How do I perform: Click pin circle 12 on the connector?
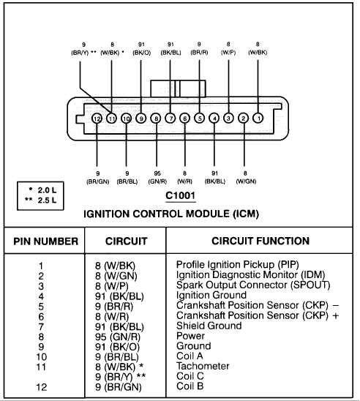pos(97,119)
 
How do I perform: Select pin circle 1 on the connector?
pos(258,118)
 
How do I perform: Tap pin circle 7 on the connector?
pos(170,118)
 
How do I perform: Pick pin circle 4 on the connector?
pos(214,118)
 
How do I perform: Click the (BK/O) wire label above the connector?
pos(141,53)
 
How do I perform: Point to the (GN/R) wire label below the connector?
pos(157,181)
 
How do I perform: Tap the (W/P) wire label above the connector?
pos(228,53)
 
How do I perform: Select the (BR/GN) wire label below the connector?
pos(97,181)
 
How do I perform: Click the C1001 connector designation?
pos(181,195)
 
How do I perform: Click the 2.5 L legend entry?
pos(41,200)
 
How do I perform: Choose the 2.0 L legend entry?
pos(42,190)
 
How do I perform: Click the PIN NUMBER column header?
pos(45,241)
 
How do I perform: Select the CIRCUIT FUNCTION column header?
pos(260,241)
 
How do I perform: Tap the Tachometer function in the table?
pos(203,366)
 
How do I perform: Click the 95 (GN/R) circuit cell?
pos(118,337)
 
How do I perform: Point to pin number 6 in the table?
pos(41,317)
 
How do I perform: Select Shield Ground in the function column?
pos(209,326)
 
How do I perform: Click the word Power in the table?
pos(190,336)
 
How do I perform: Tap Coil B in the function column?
pos(190,386)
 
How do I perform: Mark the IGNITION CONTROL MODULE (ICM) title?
pos(171,214)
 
